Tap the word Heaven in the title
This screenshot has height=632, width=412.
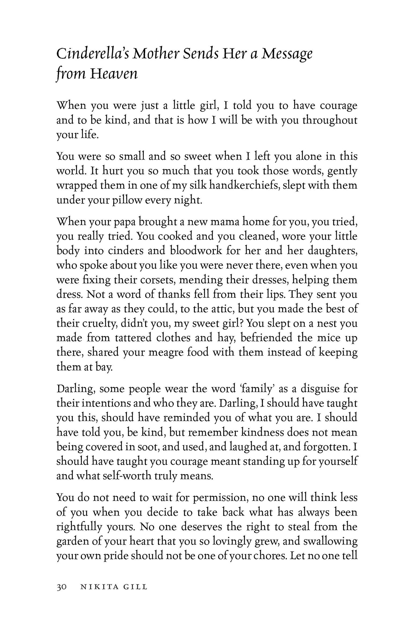pos(114,74)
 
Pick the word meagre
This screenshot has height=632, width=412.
pos(161,352)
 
